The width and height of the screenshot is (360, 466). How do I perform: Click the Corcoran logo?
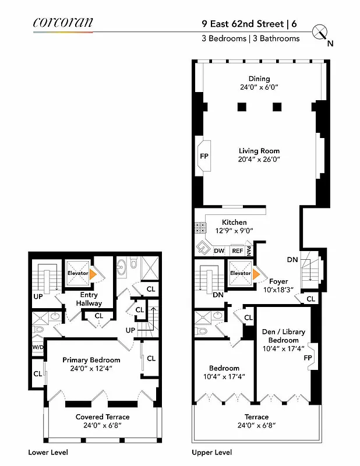click(x=62, y=23)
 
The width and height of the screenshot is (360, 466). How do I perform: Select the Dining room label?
click(x=259, y=79)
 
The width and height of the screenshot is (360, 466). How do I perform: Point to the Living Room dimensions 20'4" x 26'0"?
click(x=259, y=159)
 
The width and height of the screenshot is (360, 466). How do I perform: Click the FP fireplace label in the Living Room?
click(x=204, y=157)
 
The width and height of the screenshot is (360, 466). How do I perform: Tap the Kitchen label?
click(x=234, y=222)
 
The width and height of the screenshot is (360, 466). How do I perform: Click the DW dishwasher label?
click(x=219, y=251)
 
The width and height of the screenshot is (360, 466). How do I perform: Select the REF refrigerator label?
click(x=237, y=251)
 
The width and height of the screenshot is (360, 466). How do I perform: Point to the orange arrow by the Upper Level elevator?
click(x=255, y=273)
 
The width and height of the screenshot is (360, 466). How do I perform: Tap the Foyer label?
click(x=278, y=281)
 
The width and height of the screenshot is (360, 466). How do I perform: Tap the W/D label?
click(x=38, y=348)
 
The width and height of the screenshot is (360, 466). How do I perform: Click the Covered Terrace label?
click(x=103, y=416)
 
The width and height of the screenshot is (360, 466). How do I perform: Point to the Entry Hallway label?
click(x=89, y=299)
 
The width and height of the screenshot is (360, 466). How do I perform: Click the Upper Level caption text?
click(x=211, y=452)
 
